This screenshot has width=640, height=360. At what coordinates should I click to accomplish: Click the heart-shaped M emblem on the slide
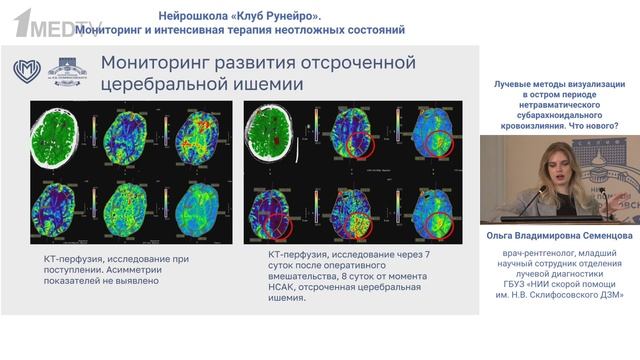27,71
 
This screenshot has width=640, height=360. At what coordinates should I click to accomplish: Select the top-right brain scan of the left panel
200,134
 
